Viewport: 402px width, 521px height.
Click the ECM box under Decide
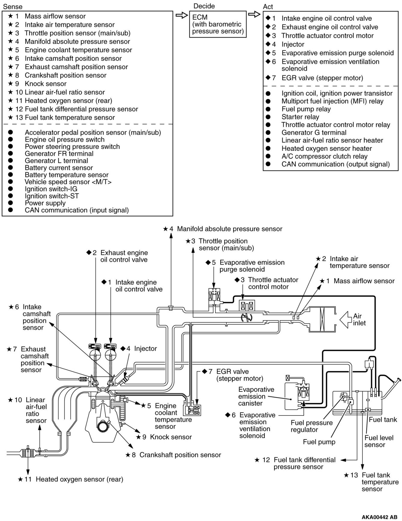coord(218,24)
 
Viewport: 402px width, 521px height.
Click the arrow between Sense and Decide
coord(181,15)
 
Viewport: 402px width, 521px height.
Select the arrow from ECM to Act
coord(254,14)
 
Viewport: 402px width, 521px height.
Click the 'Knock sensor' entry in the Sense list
coord(45,84)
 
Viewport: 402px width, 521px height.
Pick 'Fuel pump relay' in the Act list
coord(306,109)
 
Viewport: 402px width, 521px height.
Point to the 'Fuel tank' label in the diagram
coord(383,419)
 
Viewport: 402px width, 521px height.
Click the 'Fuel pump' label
coord(319,442)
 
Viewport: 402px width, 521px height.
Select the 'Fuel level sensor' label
coord(379,441)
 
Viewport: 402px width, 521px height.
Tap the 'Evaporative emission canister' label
coord(256,396)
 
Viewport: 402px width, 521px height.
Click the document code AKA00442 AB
coord(379,517)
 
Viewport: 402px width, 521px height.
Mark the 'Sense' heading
coord(13,6)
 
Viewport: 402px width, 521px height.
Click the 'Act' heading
coord(268,7)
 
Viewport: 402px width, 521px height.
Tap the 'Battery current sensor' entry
coord(59,168)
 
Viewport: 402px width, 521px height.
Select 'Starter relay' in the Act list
coord(300,117)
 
